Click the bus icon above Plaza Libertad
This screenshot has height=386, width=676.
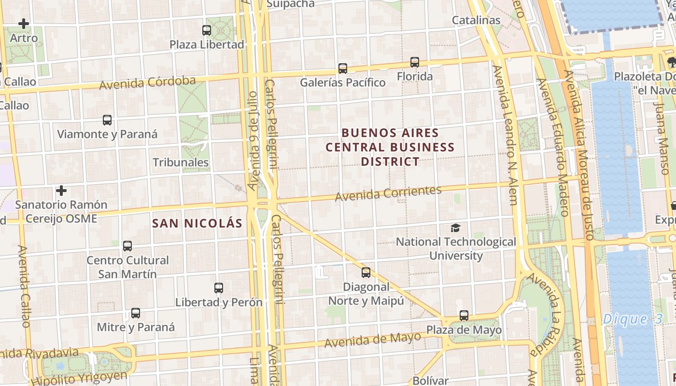(x=207, y=30)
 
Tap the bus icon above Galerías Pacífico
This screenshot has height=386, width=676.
(x=343, y=69)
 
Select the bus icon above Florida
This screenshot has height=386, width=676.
(x=415, y=62)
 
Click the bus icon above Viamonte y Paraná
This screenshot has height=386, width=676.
(x=107, y=120)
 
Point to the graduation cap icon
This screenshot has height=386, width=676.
(x=455, y=228)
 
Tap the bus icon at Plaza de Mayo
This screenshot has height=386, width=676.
(x=464, y=316)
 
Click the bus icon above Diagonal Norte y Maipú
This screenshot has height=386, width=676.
(x=366, y=273)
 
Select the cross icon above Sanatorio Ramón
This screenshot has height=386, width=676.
(x=61, y=191)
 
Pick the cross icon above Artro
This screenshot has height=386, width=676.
(x=24, y=23)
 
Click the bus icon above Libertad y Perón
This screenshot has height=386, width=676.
(x=219, y=288)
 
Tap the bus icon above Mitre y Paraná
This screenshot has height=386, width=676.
(x=136, y=313)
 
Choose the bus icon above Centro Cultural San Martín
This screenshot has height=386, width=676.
(x=127, y=246)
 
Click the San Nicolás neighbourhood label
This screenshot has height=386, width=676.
(x=197, y=223)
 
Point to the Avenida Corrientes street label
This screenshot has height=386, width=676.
(x=388, y=193)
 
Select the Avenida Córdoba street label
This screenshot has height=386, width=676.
(x=147, y=83)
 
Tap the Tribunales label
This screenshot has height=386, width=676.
(x=181, y=163)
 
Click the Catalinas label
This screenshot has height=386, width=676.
(x=476, y=20)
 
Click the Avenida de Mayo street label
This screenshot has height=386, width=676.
(x=372, y=340)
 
